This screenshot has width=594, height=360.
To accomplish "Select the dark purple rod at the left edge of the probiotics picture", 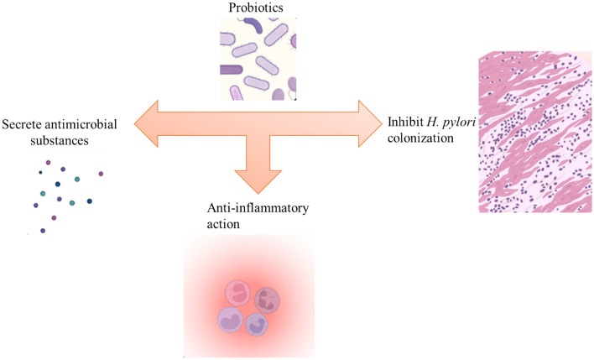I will (x=231, y=70).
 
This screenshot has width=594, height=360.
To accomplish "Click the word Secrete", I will (x=22, y=124).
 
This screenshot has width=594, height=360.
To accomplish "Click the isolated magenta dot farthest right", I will (x=101, y=174).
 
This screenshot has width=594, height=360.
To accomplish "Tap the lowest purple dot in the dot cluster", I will (x=43, y=230).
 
